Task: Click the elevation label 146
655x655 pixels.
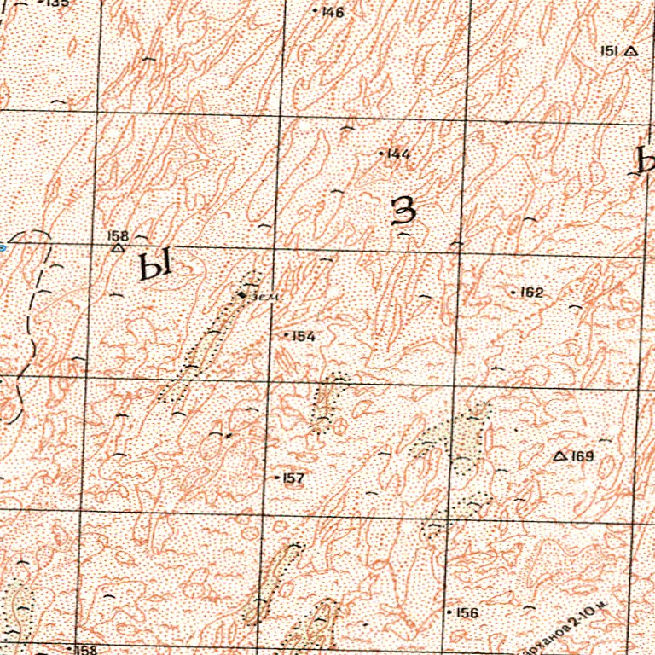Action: [333, 12]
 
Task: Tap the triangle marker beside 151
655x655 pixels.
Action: [630, 51]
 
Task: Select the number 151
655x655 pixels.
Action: [610, 51]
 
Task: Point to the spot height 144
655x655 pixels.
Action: [398, 154]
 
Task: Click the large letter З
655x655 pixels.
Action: [403, 210]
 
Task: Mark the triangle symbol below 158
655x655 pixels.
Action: [118, 248]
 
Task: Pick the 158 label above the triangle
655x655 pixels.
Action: [117, 235]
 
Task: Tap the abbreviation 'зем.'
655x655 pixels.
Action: [268, 297]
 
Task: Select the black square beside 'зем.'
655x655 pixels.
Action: [243, 295]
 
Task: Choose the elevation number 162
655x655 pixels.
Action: [531, 293]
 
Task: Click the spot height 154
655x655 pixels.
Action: [304, 336]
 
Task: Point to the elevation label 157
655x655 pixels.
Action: [293, 478]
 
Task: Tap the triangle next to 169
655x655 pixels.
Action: [560, 456]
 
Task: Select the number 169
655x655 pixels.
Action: [583, 456]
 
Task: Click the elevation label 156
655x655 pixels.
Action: [467, 613]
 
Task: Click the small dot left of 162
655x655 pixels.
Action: [513, 293]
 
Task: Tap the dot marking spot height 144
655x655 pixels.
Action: [380, 154]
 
